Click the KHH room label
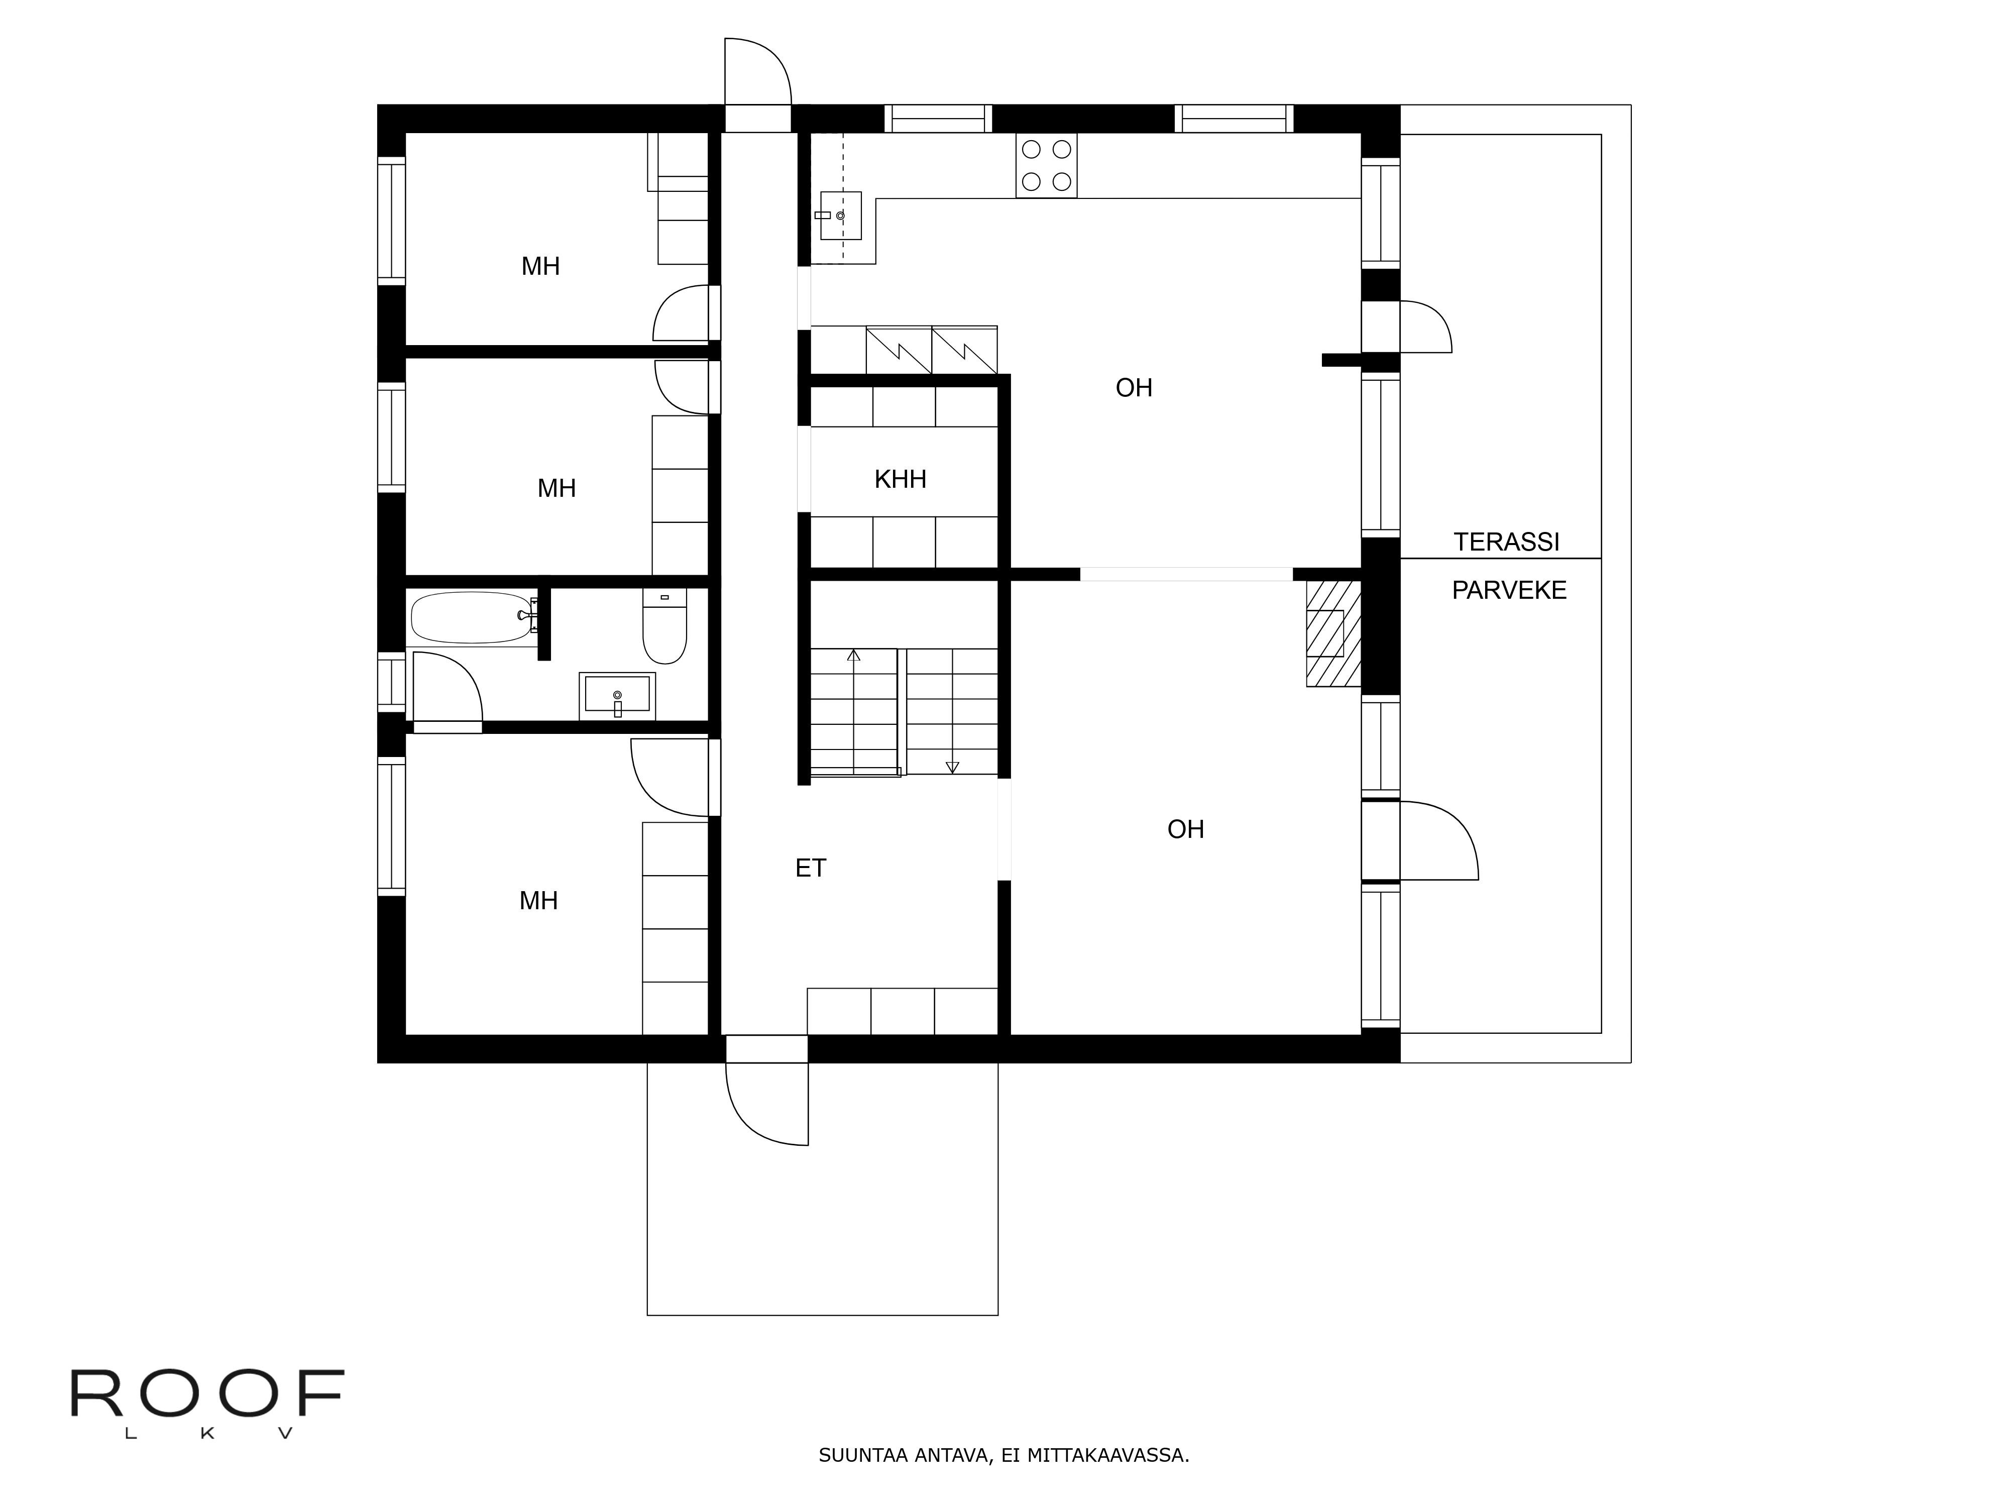(900, 480)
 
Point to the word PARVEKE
(1509, 590)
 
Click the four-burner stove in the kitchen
(1046, 165)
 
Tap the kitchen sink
(840, 216)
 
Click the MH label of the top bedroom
(540, 266)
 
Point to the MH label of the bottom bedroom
(538, 901)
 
